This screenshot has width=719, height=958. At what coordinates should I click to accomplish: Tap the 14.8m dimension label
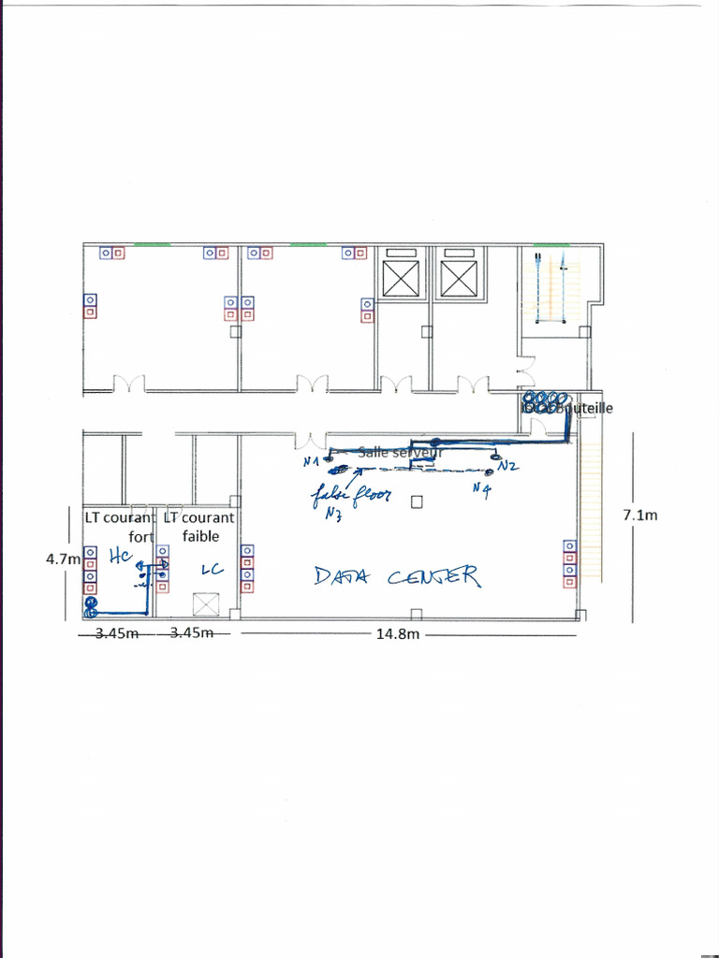coord(397,633)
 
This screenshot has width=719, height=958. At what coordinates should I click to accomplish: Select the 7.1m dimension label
coord(639,514)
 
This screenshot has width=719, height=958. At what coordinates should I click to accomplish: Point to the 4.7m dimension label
coord(63,559)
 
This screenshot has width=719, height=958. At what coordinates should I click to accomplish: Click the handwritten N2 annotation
coord(508,465)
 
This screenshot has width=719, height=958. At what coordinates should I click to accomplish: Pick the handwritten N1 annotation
coord(311,461)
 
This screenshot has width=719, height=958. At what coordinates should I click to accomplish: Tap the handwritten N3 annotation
coord(332,512)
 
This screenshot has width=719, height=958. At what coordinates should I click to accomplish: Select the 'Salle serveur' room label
coord(399,453)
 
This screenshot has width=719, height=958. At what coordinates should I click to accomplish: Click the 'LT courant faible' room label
coord(199,527)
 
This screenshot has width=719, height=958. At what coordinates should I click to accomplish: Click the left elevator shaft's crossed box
coord(404,279)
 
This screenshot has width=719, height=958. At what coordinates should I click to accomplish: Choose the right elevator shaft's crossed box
coord(459,279)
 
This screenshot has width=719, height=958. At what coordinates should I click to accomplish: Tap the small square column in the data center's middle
coord(418,502)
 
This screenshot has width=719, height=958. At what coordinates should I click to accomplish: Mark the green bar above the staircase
coord(540,245)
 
